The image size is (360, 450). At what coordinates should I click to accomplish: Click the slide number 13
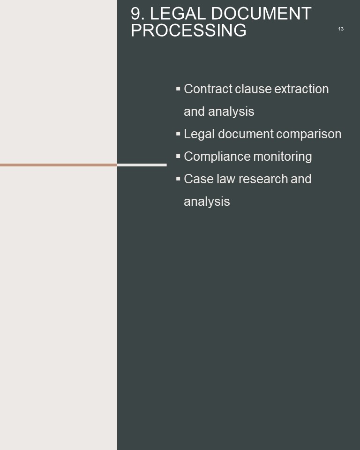(341, 29)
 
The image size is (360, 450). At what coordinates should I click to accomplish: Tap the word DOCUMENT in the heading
(261, 14)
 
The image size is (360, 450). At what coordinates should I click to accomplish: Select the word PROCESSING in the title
(188, 30)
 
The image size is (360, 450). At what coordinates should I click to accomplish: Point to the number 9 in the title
(136, 14)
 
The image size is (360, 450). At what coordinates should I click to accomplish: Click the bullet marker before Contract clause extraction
(178, 89)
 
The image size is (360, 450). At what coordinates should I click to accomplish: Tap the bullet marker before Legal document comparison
(178, 134)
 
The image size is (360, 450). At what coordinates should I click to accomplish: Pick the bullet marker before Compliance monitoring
(178, 156)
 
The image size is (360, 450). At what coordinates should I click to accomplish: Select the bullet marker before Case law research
(178, 179)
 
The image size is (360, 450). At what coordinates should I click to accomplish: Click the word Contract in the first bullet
(208, 89)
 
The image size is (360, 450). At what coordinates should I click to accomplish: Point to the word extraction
(301, 89)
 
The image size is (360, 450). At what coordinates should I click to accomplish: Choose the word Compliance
(217, 157)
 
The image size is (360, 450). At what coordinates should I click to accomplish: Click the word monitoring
(283, 157)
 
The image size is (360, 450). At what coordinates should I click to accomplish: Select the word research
(263, 179)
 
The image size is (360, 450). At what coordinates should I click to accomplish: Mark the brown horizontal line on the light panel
(59, 165)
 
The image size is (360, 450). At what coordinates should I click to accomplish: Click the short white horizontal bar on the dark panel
(142, 165)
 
